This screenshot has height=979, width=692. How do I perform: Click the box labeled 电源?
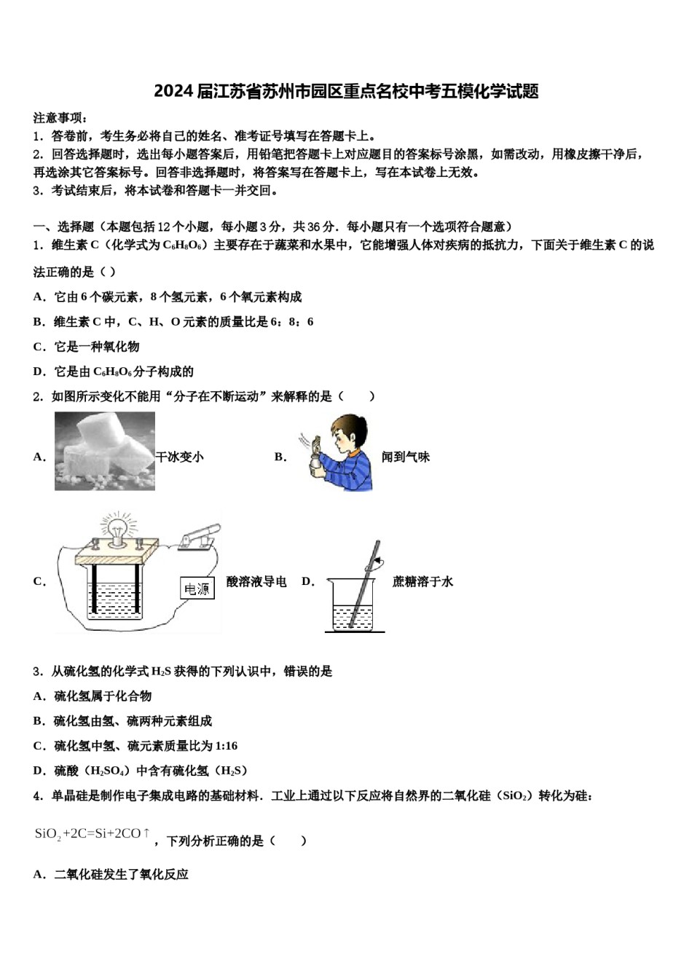point(197,589)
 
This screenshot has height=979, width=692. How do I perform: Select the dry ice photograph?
point(104,451)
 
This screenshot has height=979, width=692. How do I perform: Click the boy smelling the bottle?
point(339,452)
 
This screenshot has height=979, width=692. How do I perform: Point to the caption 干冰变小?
point(180,457)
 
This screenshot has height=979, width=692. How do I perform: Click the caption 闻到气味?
point(406,457)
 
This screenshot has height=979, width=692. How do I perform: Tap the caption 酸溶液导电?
point(256,581)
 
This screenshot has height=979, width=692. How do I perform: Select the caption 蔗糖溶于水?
point(422,581)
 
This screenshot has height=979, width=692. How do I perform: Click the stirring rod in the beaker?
point(365,583)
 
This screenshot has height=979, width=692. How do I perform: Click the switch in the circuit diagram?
point(200,534)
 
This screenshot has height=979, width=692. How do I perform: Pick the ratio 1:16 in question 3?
point(225,746)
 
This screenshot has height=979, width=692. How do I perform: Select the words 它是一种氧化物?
point(96,347)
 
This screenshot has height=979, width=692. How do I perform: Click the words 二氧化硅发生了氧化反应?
point(121,874)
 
